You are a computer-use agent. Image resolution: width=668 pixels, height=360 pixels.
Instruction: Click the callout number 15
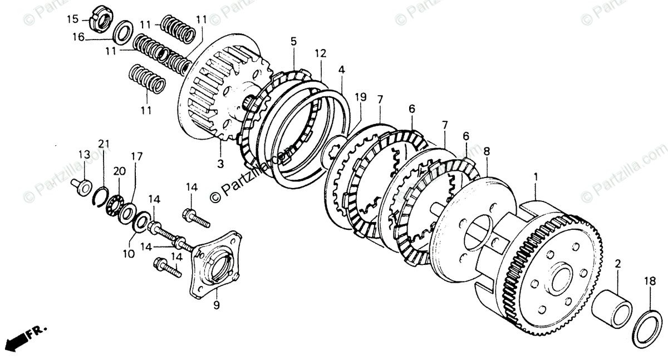click(x=73, y=20)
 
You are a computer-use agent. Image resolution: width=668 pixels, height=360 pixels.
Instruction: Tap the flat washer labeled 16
click(x=122, y=32)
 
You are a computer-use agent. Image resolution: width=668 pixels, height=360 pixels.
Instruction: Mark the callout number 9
click(x=217, y=305)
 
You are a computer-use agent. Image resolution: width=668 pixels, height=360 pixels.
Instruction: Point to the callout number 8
click(x=487, y=150)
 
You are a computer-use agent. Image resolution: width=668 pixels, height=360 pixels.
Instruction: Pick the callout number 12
click(x=320, y=54)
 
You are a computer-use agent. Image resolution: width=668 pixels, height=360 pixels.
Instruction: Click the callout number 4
click(x=341, y=70)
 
